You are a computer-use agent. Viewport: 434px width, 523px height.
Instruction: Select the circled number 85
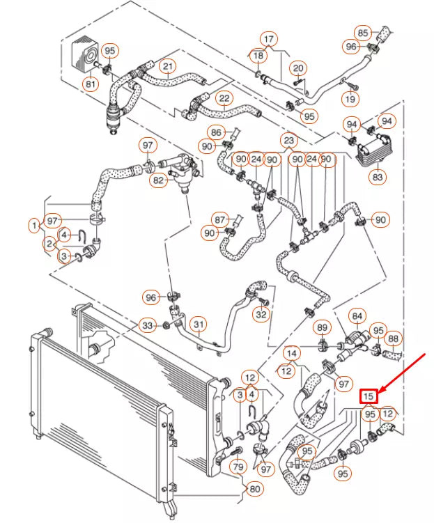(x=363, y=32)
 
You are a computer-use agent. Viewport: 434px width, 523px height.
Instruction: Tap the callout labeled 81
(x=91, y=84)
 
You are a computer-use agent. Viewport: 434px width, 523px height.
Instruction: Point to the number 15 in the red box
(x=369, y=396)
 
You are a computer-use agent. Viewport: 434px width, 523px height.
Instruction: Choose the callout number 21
(x=168, y=67)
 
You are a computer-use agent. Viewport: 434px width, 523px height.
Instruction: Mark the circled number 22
(x=224, y=98)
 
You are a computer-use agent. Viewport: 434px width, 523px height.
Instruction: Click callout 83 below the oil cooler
(x=378, y=177)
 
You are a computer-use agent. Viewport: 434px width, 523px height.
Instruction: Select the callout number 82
(x=160, y=180)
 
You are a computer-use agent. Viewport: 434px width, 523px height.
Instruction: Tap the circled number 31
(x=199, y=325)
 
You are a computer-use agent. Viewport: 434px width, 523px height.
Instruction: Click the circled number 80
(x=255, y=489)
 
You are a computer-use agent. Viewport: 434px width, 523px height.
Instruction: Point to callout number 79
(x=238, y=467)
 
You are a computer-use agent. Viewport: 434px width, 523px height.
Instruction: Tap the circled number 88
(x=394, y=339)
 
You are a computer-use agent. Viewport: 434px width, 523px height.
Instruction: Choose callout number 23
(x=289, y=140)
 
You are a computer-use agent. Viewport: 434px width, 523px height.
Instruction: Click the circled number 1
(x=33, y=226)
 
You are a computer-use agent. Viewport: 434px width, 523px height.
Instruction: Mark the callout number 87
(x=221, y=219)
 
